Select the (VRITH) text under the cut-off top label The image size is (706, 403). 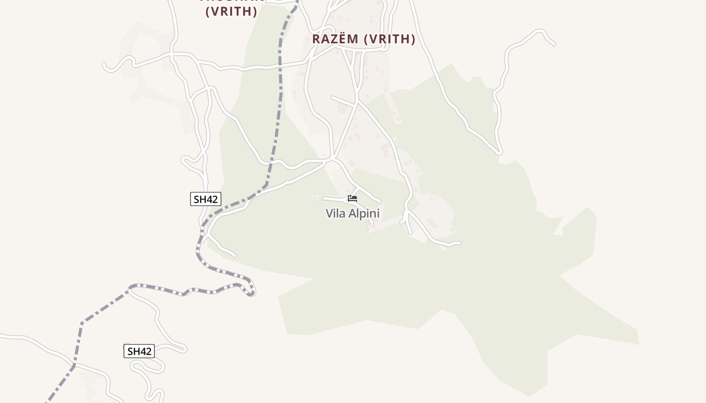coord(231,12)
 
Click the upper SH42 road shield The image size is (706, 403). coord(206,199)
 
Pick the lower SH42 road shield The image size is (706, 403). coord(139,351)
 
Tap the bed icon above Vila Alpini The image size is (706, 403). coord(352,199)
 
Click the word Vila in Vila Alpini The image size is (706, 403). coord(335,214)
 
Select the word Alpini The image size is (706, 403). coord(363,214)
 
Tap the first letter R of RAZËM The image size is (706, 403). coord(316,39)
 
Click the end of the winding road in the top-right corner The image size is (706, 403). coord(554,44)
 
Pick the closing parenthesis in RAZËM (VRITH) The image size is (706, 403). coord(413,39)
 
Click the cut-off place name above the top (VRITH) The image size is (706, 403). coord(232,1)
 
